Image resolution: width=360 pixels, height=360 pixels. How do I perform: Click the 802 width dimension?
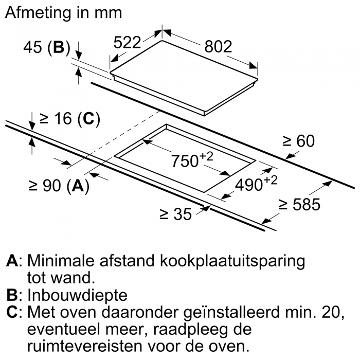pyautogui.click(x=218, y=47)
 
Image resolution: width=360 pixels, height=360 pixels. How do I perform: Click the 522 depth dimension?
pyautogui.click(x=127, y=43)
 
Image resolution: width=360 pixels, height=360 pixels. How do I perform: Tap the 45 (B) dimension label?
pyautogui.click(x=47, y=47)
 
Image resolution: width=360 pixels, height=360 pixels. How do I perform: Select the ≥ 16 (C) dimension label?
pyautogui.click(x=70, y=119)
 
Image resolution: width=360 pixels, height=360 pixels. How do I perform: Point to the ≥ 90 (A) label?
pyautogui.click(x=59, y=186)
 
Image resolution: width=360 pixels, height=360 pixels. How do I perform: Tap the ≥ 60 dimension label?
pyautogui.click(x=298, y=141)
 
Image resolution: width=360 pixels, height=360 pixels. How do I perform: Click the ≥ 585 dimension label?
pyautogui.click(x=299, y=204)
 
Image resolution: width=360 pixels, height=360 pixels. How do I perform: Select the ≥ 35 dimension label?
pyautogui.click(x=176, y=214)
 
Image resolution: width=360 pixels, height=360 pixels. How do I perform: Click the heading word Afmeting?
pyautogui.click(x=38, y=13)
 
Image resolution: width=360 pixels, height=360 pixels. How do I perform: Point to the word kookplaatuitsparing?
pyautogui.click(x=232, y=261)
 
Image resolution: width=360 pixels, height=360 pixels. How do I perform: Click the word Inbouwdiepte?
pyautogui.click(x=77, y=295)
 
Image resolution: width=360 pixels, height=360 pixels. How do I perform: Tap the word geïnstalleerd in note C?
pyautogui.click(x=231, y=313)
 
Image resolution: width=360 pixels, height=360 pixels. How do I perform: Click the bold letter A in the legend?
pyautogui.click(x=12, y=261)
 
